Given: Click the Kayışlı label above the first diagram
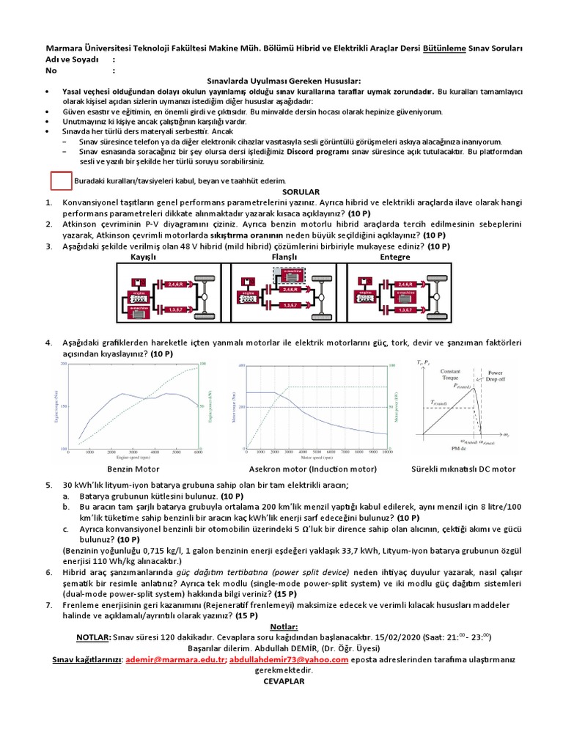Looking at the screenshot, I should (144, 257).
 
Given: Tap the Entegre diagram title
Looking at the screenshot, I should (395, 257).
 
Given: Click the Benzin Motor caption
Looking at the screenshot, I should (133, 469).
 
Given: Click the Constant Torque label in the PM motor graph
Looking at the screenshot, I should (451, 375).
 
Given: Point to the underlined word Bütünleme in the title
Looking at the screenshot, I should (447, 49).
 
